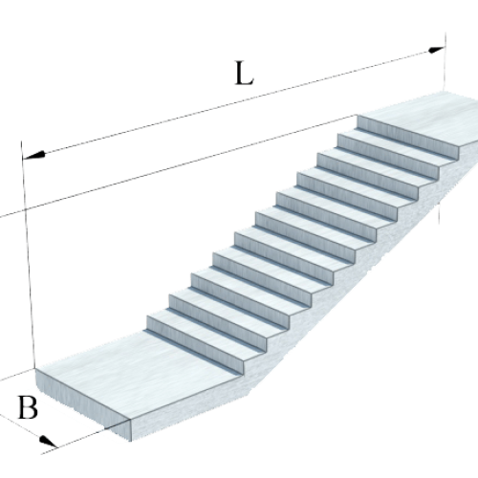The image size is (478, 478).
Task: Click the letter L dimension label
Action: (244, 74)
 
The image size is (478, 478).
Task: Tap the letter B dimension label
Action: (28, 407)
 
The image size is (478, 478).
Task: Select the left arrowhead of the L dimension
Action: (34, 155)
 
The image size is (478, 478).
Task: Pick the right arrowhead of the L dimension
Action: (435, 50)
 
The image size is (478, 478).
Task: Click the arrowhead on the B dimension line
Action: (48, 442)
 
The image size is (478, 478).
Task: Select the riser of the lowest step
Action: (194, 344)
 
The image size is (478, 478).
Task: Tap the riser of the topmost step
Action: (408, 137)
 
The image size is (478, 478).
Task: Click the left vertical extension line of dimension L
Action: (28, 255)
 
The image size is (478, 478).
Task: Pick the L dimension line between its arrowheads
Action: (234, 102)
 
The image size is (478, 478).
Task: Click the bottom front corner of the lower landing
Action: (131, 441)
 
